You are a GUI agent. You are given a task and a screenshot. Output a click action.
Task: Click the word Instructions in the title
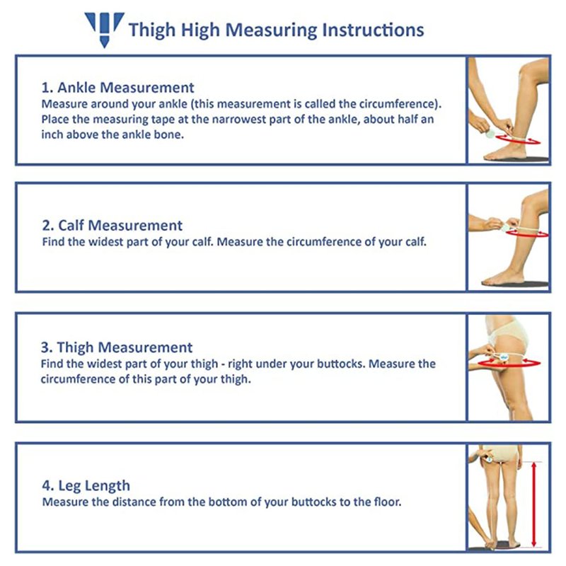[x=373, y=30]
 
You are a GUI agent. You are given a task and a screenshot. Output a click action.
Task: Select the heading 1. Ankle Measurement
[x=117, y=87]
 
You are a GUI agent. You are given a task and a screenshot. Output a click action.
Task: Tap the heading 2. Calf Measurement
[x=112, y=225]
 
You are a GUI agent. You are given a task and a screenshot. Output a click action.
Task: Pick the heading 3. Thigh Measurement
[x=117, y=347]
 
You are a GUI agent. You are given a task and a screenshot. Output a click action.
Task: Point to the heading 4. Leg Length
[x=86, y=486]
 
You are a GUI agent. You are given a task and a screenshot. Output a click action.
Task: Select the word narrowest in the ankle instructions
[x=235, y=120]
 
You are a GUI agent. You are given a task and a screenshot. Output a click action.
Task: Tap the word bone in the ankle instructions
[x=172, y=134]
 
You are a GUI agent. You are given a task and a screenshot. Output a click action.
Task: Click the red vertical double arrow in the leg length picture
[x=535, y=504]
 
